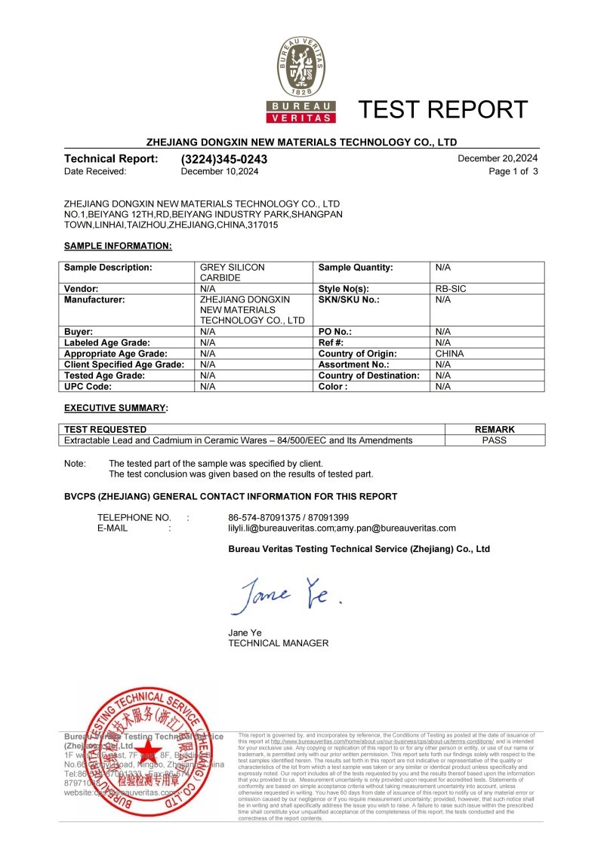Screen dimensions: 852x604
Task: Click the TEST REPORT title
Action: [x=442, y=110]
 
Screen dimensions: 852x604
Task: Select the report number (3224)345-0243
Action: [x=224, y=159]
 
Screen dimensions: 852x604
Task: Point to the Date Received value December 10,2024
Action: [x=220, y=172]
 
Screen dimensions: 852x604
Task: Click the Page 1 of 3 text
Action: [x=513, y=172]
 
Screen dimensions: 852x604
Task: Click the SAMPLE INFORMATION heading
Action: [x=118, y=246]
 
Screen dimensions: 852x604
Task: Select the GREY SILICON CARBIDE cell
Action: [x=232, y=272]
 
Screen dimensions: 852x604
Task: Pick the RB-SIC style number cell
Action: [x=451, y=288]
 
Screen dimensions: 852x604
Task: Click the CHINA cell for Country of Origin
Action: [x=449, y=353]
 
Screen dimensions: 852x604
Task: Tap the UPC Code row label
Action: [x=89, y=386]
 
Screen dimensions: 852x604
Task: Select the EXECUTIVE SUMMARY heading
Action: [x=116, y=408]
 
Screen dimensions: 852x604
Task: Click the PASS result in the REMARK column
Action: [x=494, y=440]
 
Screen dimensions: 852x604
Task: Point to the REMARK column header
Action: [x=495, y=429]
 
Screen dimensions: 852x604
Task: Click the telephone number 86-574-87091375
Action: [x=261, y=517]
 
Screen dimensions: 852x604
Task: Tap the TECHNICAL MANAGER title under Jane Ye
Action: [x=278, y=643]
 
